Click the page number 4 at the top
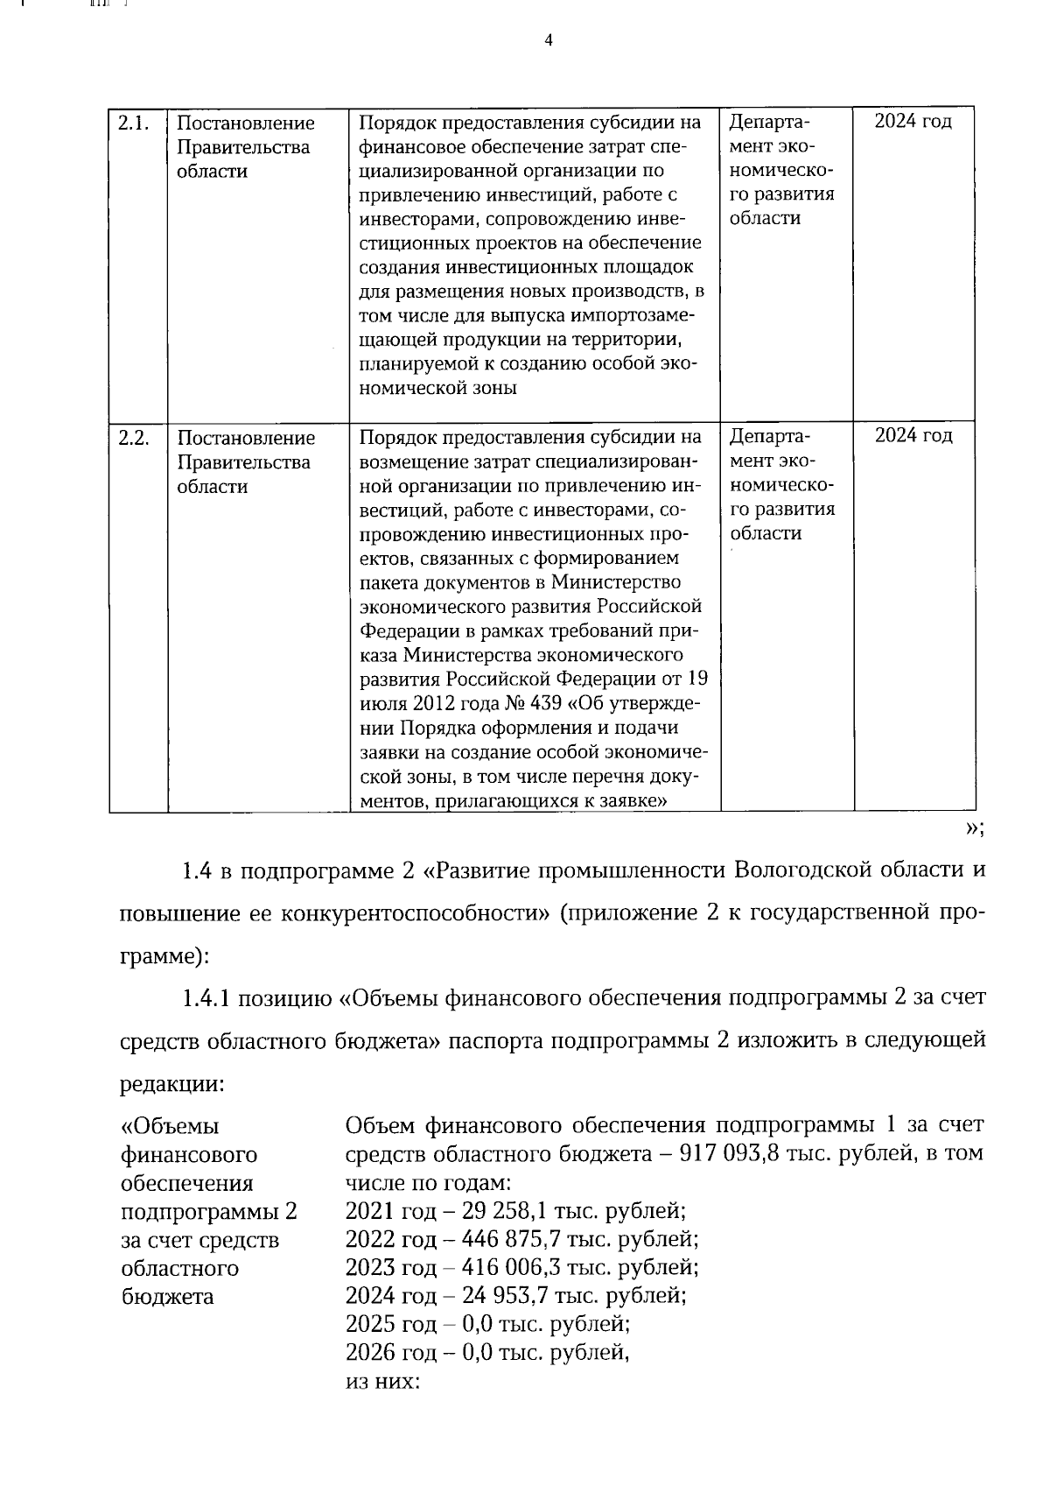click(549, 40)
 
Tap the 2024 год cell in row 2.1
click(913, 122)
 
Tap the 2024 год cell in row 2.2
click(913, 436)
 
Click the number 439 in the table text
click(524, 703)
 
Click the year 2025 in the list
click(371, 1324)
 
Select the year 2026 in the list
click(371, 1353)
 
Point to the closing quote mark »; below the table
click(974, 829)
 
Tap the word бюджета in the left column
click(166, 1296)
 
